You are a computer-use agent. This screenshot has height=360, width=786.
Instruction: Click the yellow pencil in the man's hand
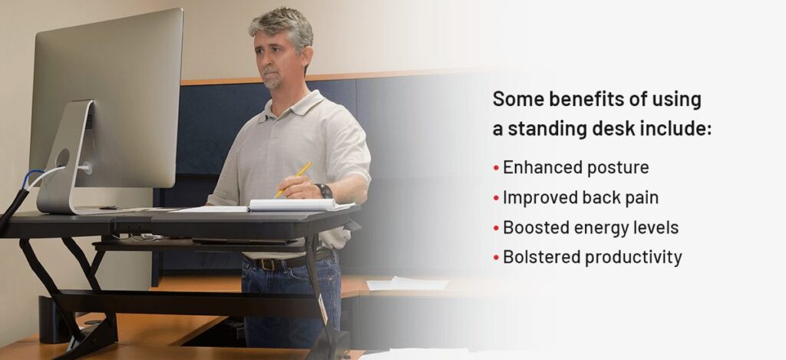coord(293,179)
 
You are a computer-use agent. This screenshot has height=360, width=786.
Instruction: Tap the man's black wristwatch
coord(325,191)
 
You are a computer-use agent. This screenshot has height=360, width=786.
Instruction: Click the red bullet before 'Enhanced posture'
coord(497,168)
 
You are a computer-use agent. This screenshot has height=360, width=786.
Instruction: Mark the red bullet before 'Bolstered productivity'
coord(497,258)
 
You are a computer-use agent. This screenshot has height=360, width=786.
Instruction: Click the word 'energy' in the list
coord(605,228)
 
